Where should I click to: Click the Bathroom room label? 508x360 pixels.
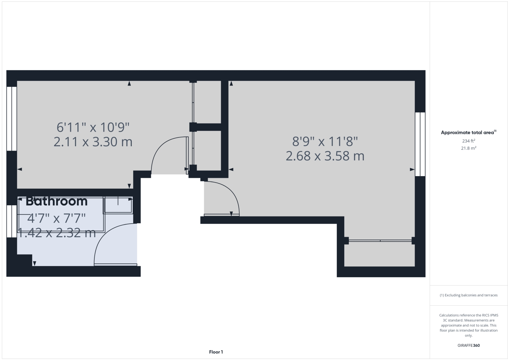coord(57,201)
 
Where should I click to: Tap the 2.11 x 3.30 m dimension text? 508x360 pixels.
coord(93,141)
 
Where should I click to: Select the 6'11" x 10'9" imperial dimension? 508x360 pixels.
coord(93,128)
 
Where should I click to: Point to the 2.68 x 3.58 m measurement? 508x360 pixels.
coord(325,156)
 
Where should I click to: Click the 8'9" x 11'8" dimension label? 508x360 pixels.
coord(325,141)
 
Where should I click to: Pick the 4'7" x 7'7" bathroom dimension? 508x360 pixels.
coord(57,217)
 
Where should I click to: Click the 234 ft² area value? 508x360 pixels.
coord(468,141)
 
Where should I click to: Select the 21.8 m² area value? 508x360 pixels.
coord(468,148)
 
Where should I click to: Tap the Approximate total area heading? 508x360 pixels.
coord(468,133)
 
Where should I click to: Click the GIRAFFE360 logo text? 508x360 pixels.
coord(468,345)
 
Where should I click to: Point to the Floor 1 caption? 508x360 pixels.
coord(216,352)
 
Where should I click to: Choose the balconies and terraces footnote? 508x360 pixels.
coord(468,295)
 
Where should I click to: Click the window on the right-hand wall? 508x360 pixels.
coord(420,144)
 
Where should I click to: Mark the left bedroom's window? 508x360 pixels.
coord(12,118)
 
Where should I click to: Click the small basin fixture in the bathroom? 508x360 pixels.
coord(118,205)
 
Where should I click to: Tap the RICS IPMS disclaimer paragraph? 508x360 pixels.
coord(468,325)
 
